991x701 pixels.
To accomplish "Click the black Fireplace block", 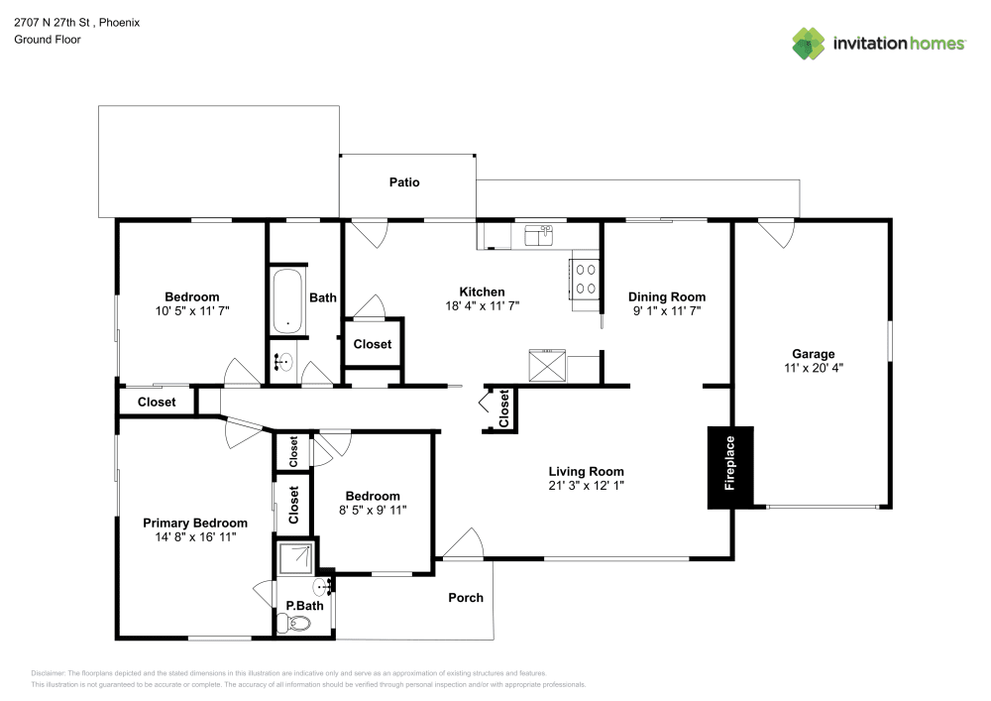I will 730,467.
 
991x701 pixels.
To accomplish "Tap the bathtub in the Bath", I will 289,300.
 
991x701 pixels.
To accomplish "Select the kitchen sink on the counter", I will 538,235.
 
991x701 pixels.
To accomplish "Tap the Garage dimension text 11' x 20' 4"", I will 813,367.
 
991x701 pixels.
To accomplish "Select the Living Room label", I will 586,471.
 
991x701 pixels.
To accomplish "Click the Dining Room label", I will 667,296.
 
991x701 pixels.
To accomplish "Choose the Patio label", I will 403,182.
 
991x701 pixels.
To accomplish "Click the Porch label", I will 466,597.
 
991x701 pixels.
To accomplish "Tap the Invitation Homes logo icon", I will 808,43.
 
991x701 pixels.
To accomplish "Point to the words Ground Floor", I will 48,40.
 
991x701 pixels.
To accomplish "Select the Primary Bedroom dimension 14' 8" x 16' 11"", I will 195,536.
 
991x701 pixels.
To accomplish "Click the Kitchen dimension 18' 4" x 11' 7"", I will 482,305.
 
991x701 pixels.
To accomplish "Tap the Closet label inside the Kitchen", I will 373,344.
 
